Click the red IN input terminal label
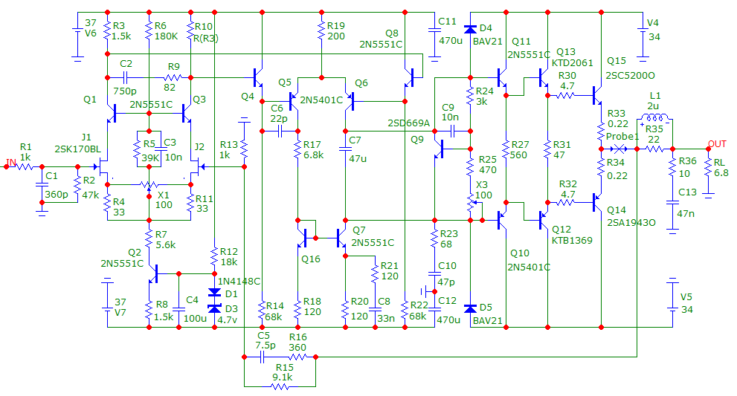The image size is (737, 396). coord(10,161)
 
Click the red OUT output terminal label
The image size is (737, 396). coord(717,143)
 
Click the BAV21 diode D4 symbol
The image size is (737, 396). coord(470,30)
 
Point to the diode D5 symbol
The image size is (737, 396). coord(470,308)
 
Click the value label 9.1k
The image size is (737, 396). coord(283,377)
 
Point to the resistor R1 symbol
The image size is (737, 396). coord(25,166)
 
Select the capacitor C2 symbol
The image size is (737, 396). coord(126,77)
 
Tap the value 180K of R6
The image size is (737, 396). coord(167,36)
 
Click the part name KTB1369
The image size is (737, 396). coord(573,241)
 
